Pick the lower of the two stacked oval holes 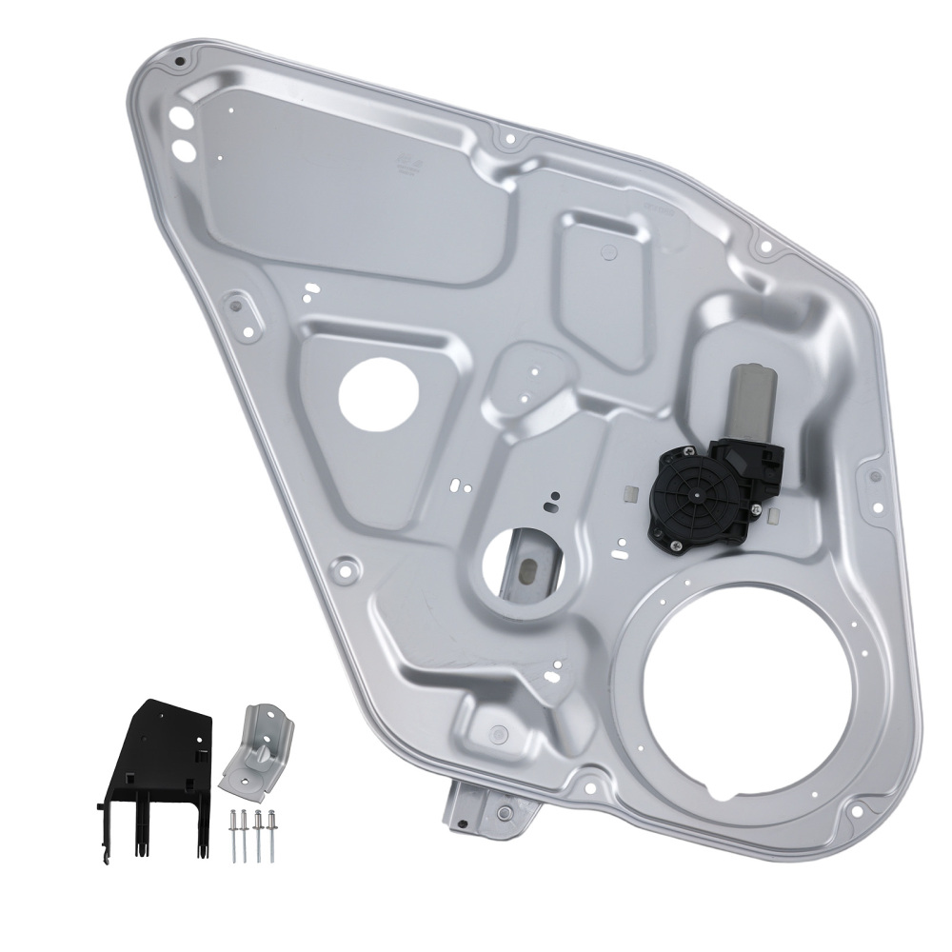pyautogui.click(x=181, y=149)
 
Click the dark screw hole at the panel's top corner pyautogui.click(x=178, y=63)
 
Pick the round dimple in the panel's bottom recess pyautogui.click(x=496, y=730)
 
